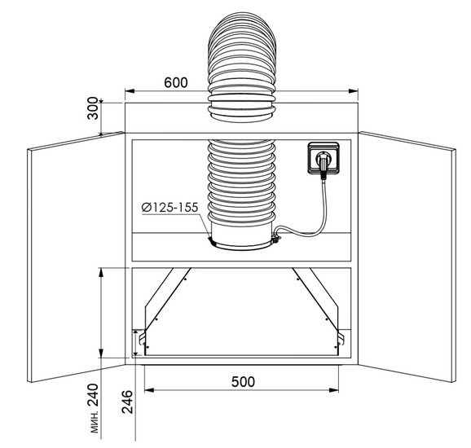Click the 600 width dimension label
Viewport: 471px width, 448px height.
[x=176, y=82]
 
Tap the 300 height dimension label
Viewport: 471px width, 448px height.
[x=93, y=108]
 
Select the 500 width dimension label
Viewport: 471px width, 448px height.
[x=243, y=382]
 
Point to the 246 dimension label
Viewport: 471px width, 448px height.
[x=127, y=402]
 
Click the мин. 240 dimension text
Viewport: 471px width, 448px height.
[x=94, y=408]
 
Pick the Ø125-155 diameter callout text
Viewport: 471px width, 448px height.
[x=169, y=208]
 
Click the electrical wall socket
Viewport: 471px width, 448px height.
[x=324, y=158]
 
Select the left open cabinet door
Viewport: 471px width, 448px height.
[x=76, y=257]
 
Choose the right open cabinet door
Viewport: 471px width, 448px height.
[x=407, y=257]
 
